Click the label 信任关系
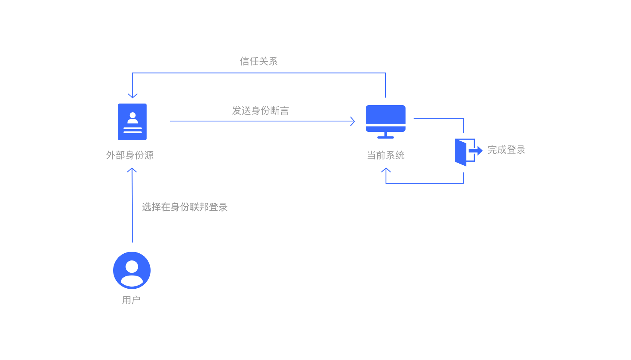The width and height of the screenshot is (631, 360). point(259,61)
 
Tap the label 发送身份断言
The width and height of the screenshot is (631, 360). point(261,111)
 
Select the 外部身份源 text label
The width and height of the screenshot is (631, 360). point(130,155)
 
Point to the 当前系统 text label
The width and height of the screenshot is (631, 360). point(386,155)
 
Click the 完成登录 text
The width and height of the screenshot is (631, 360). point(506,150)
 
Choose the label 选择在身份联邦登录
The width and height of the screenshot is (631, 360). point(184,207)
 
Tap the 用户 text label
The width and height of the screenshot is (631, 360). point(131,300)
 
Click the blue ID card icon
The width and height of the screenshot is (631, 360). point(132,122)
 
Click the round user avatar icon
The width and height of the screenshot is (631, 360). point(132,270)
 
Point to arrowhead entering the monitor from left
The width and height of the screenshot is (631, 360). point(353,121)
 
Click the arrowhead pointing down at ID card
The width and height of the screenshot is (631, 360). point(133,96)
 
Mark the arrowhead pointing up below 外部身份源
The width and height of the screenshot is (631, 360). point(132,170)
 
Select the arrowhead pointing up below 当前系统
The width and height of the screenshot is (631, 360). point(386,170)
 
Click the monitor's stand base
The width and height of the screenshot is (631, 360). point(386,137)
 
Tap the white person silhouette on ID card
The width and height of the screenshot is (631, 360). point(133,118)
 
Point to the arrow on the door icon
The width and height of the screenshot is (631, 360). point(476,151)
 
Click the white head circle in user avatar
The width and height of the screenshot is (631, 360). point(132,266)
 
